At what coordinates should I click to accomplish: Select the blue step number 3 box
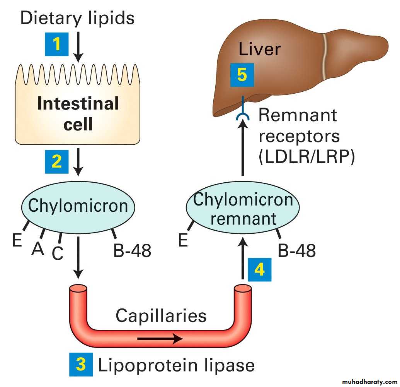(x=81, y=364)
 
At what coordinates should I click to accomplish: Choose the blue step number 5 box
(x=242, y=75)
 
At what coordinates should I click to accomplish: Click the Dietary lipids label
(x=77, y=18)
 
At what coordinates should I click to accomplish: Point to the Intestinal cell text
(x=78, y=114)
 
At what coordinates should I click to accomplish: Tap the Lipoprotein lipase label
(x=177, y=365)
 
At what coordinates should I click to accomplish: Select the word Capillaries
(x=161, y=315)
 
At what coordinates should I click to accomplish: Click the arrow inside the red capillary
(x=160, y=339)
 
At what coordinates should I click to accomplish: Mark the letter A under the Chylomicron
(x=37, y=249)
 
